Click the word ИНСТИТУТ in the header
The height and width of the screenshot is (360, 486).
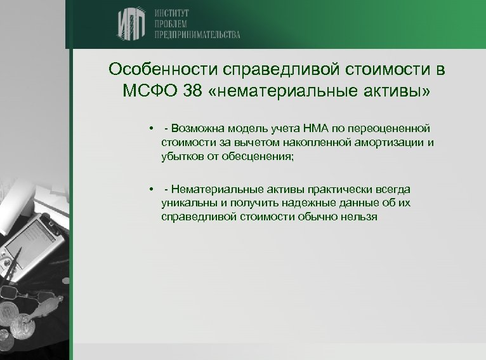(171, 12)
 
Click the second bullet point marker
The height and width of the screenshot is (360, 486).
(152, 189)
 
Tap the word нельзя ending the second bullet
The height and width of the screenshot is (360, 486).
(360, 216)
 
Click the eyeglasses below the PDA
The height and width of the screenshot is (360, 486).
(19, 296)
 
